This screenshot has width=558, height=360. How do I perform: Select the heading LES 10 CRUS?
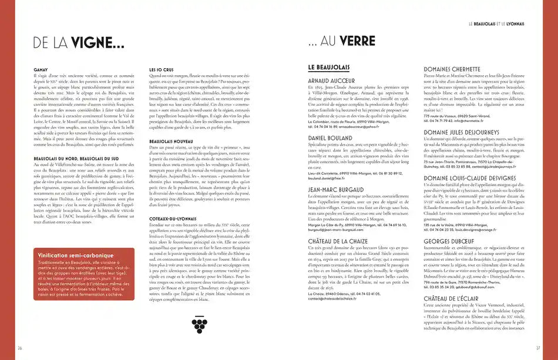pos(162,70)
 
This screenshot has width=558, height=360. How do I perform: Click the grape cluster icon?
pos(199,323)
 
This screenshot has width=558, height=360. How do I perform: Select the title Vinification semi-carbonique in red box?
pos(76,255)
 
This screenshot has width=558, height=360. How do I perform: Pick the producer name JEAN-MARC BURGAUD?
pos(339,190)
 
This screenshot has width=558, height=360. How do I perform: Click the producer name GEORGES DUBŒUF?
pos(451,241)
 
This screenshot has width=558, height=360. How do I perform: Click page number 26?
pos(21,347)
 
